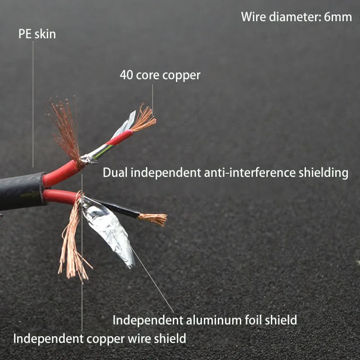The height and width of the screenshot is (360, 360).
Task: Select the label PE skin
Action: coord(37,34)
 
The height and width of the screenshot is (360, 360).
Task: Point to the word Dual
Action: coord(114,172)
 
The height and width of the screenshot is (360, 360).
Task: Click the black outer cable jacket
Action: coord(20,191)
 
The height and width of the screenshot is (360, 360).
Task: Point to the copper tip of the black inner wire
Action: coord(154,219)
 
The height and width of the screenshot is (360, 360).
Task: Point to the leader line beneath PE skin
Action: coord(33,103)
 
